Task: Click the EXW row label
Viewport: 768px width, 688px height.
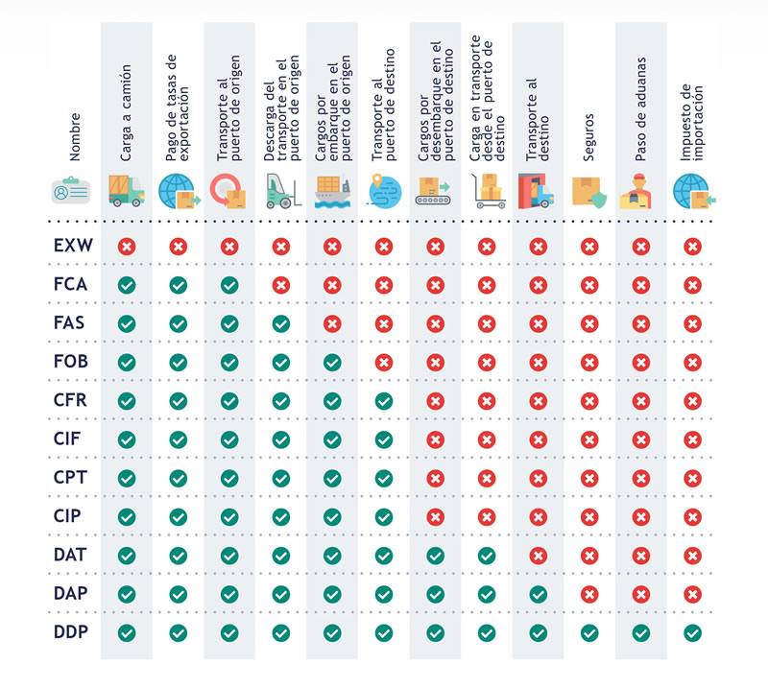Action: [x=73, y=246]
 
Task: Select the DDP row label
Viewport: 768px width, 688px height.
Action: [x=73, y=632]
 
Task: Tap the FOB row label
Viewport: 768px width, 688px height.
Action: [x=73, y=362]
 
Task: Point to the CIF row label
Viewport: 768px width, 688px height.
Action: [x=73, y=439]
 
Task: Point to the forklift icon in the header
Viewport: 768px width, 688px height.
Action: [x=280, y=191]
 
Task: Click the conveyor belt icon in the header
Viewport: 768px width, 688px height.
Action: [x=435, y=191]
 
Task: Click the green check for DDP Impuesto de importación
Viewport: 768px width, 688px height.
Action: [x=691, y=632]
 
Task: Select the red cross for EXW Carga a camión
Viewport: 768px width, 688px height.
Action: [x=126, y=247]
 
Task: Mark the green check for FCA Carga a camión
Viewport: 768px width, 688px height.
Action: [x=126, y=285]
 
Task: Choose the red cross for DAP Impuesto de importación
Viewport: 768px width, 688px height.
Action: [x=691, y=594]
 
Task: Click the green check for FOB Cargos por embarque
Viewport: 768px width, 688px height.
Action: [x=332, y=362]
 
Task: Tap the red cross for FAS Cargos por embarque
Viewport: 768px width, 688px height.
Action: [x=332, y=323]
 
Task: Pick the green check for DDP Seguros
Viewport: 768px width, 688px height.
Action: [x=588, y=632]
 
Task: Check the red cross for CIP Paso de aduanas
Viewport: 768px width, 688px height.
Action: [x=640, y=516]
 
